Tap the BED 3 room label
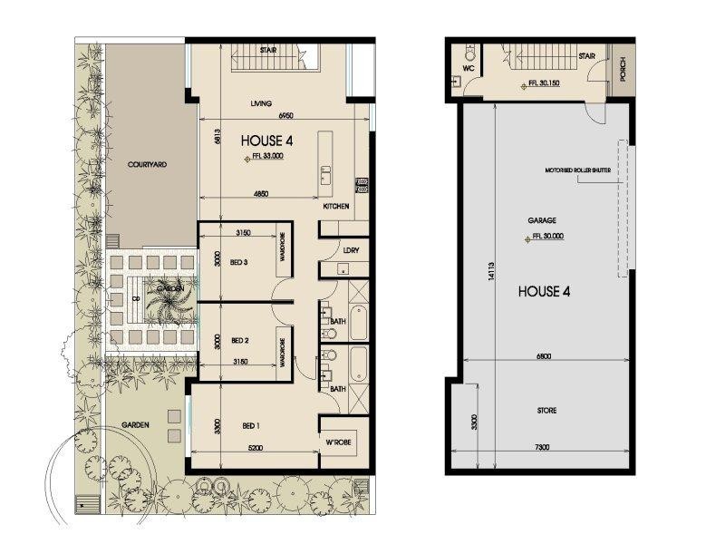(x=240, y=262)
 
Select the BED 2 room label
(x=240, y=341)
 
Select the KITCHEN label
(x=336, y=208)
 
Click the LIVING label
(x=261, y=103)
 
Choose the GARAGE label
(x=543, y=220)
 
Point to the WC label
(x=469, y=67)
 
